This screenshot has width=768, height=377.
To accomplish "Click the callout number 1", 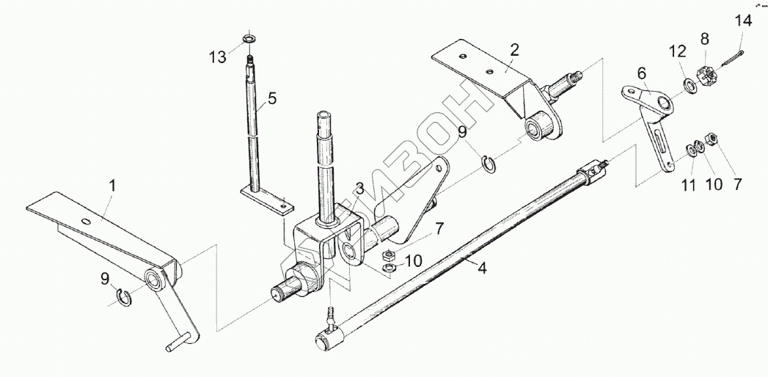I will (112, 187).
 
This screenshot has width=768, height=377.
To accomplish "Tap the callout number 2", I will (514, 50).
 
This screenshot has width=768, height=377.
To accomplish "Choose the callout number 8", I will (704, 38).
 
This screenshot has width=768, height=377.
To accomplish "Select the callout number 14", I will (744, 21).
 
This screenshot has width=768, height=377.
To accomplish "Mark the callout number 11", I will (687, 186).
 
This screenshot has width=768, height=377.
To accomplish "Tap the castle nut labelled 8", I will (706, 76).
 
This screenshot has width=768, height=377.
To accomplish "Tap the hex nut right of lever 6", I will (710, 139).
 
